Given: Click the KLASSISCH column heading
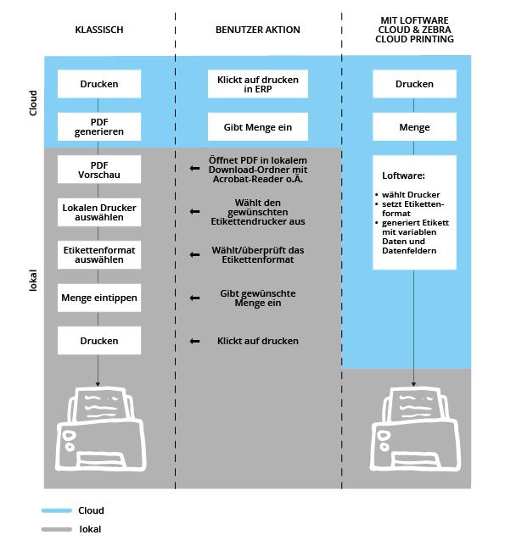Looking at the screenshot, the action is tap(99, 30).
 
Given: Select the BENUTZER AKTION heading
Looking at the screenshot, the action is tap(257, 30).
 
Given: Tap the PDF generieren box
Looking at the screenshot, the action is tap(99, 127).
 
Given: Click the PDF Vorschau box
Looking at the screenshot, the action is tap(99, 170).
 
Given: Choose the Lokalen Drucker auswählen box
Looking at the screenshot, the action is tap(99, 213).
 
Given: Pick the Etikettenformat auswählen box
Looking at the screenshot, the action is tap(99, 255).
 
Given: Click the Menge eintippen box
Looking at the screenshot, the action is tap(99, 298).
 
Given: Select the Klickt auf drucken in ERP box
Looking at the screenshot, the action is tap(258, 84).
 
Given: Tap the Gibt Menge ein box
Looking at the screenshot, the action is tap(258, 127).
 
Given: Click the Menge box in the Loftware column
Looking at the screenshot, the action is tap(414, 127).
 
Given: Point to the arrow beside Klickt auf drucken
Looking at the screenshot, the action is tap(195, 341).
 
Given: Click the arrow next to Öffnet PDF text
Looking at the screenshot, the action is tap(195, 169).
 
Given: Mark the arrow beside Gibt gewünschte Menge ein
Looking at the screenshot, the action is tap(195, 298).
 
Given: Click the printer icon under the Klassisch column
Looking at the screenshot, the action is tap(100, 429).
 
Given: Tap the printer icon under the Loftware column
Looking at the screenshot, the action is tap(415, 429).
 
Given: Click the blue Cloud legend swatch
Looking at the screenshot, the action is tap(57, 510).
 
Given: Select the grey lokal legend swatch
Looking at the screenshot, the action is tap(57, 529).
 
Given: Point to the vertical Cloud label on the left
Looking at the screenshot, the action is tap(33, 103).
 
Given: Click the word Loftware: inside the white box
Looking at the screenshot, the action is tap(403, 175).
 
